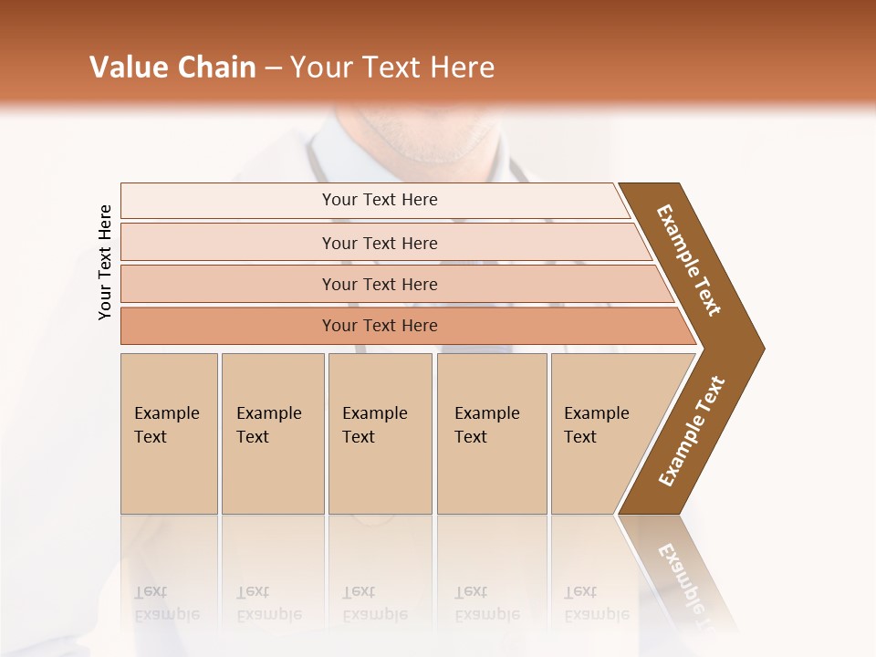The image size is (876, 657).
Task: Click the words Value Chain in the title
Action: coord(172,68)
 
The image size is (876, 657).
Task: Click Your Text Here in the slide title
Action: coord(392,68)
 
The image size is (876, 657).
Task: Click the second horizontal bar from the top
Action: coord(380,243)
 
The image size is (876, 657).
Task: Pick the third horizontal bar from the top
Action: coord(380,284)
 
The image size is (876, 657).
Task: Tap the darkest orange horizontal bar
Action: coord(380,326)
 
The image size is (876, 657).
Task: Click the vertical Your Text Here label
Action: coord(105,262)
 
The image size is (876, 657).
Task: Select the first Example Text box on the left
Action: coord(169,433)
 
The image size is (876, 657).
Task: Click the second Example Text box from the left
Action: coord(272,433)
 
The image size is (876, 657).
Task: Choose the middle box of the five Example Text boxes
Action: coord(380,433)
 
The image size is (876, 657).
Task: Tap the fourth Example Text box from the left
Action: coord(492,433)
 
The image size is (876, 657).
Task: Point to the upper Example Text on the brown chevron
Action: coord(689,260)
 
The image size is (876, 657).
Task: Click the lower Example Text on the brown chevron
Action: coord(691,432)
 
